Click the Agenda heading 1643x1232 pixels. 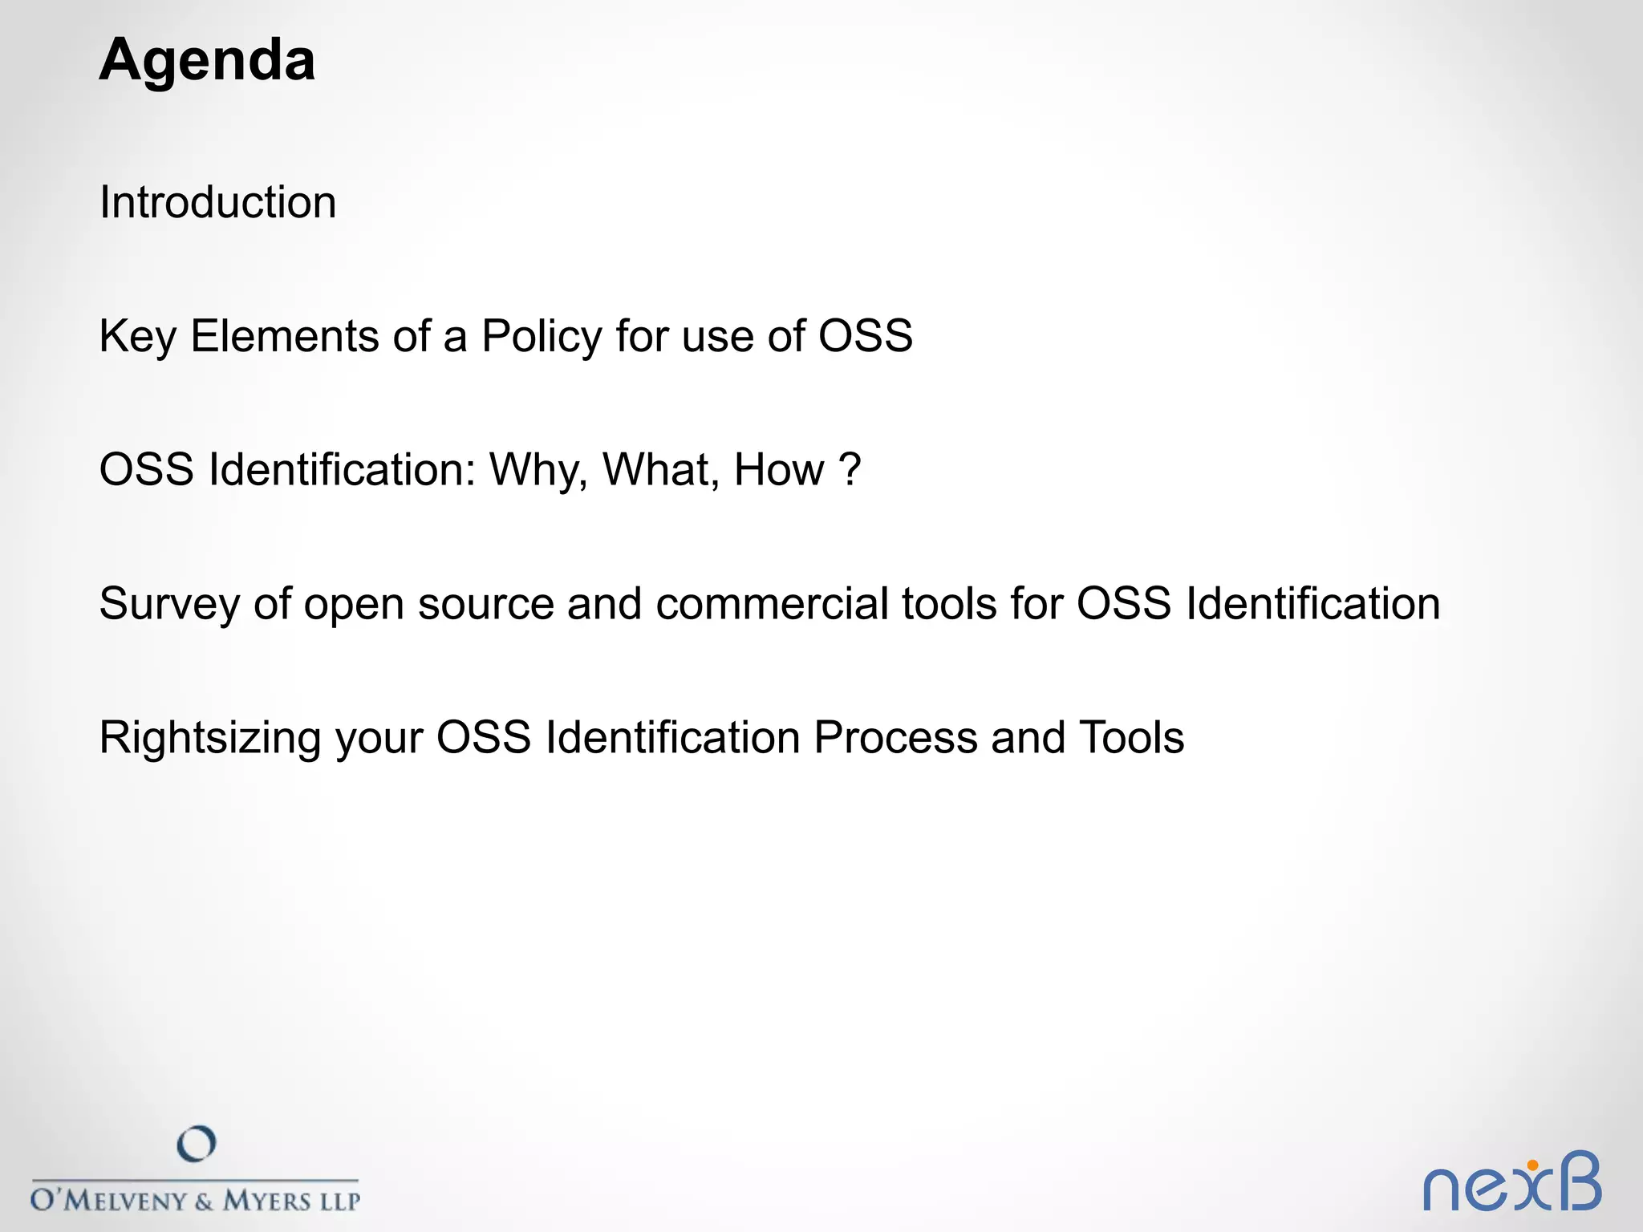pyautogui.click(x=207, y=61)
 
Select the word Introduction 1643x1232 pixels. pyautogui.click(x=217, y=202)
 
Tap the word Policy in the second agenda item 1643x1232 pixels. pyautogui.click(x=541, y=336)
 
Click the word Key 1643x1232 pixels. pyautogui.click(x=137, y=336)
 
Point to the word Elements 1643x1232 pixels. pyautogui.click(x=284, y=336)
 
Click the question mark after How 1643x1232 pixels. pyautogui.click(x=850, y=470)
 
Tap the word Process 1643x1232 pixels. pyautogui.click(x=895, y=738)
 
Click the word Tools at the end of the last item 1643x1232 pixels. pyautogui.click(x=1131, y=738)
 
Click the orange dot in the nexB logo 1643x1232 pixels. pyautogui.click(x=1532, y=1165)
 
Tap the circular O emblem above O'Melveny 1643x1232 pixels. pyautogui.click(x=197, y=1144)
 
